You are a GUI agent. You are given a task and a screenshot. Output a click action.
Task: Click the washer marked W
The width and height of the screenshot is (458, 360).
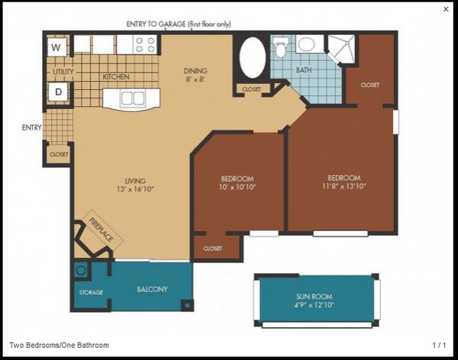(56, 47)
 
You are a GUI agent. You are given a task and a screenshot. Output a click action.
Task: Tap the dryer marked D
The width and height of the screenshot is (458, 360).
(59, 92)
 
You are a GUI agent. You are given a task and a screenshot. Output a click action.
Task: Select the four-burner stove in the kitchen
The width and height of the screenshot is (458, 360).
(145, 45)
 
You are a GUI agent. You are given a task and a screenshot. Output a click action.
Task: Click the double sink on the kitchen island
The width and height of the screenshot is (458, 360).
(133, 98)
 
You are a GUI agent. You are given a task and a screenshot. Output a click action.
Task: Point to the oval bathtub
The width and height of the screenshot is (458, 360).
(253, 58)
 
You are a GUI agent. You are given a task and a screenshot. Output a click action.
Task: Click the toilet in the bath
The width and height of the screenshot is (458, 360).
(281, 47)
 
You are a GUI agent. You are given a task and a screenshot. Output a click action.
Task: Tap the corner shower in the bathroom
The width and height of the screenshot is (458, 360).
(341, 49)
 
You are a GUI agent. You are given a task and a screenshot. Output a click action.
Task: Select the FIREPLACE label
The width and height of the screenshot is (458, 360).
(101, 230)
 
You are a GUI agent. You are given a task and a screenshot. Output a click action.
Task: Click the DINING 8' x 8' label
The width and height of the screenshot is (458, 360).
(195, 75)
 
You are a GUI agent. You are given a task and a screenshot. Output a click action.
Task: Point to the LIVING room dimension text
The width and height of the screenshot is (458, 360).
(135, 189)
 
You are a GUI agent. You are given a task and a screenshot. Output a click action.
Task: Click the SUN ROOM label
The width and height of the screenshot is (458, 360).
(314, 297)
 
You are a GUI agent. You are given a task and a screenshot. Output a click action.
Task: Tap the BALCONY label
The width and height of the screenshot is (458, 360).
(152, 289)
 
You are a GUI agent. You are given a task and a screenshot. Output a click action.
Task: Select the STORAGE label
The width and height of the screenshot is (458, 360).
(91, 292)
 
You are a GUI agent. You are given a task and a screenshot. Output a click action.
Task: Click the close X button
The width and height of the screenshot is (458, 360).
(446, 9)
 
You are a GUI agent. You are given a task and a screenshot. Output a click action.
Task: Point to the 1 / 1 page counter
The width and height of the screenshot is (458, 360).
(440, 345)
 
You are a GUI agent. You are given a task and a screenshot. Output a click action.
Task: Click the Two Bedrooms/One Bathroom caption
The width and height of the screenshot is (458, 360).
(60, 345)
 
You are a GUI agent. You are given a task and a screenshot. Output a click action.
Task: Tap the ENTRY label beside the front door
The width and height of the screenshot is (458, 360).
(32, 127)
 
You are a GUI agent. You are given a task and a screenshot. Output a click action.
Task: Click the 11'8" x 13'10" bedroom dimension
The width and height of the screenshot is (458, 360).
(344, 186)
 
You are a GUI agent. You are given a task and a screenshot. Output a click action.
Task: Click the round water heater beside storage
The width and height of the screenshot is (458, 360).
(81, 270)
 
